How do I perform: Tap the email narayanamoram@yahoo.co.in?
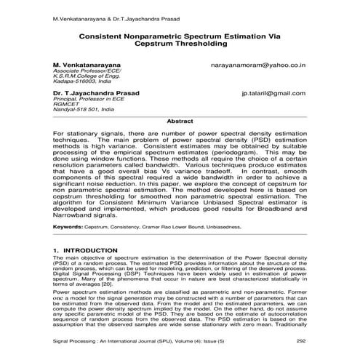(x=260, y=65)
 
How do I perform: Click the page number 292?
(x=301, y=340)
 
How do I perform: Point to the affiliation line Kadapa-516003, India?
(x=78, y=82)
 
